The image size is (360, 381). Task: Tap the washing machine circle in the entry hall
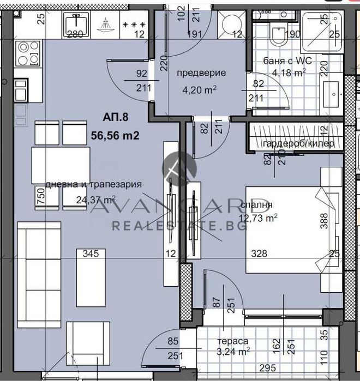[x=230, y=23]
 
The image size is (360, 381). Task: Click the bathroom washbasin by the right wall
[x=332, y=96]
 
